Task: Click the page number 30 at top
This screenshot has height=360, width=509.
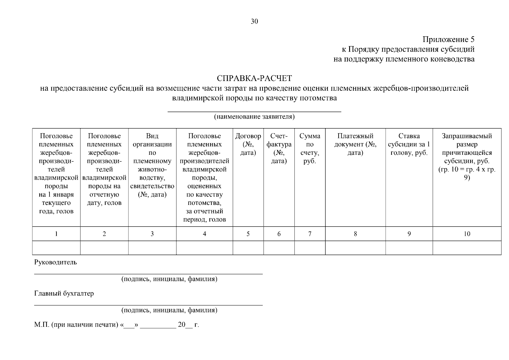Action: coord(254,21)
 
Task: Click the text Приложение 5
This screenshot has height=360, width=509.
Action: coord(448,40)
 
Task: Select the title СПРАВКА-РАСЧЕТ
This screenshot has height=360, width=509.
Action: coord(254,79)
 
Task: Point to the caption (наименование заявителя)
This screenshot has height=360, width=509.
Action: coord(254,117)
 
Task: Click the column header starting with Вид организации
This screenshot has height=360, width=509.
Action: coord(152,165)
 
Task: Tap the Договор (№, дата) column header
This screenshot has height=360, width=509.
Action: coord(248,144)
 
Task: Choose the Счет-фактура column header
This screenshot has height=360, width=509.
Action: coord(279,148)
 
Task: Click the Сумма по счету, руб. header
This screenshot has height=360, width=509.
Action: coord(310,148)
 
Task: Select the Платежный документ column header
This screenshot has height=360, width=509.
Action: coord(355,144)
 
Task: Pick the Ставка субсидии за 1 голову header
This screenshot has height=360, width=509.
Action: coord(409,144)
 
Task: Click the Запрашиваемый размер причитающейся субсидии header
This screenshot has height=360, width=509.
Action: coord(467,157)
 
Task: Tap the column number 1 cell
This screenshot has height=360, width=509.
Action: coord(56,234)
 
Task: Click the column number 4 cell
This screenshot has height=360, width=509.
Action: coord(204,234)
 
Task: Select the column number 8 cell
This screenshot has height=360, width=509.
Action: coord(355,234)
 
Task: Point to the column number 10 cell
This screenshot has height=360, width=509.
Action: coord(467,234)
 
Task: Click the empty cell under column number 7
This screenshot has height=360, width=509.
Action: coord(310,248)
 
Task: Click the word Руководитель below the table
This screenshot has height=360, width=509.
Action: coord(55,262)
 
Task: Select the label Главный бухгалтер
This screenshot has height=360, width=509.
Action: coord(64,293)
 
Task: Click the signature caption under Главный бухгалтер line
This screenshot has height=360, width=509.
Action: coord(169,310)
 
